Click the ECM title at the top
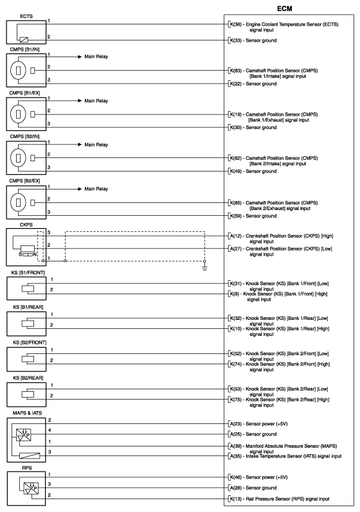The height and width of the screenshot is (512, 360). [288, 8]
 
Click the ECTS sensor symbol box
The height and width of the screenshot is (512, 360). [24, 31]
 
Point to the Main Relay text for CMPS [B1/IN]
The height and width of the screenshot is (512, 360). [96, 57]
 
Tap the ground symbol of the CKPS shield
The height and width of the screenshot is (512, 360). [204, 269]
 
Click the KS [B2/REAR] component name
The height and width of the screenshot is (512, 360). [24, 378]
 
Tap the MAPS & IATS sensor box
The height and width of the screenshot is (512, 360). [24, 440]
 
